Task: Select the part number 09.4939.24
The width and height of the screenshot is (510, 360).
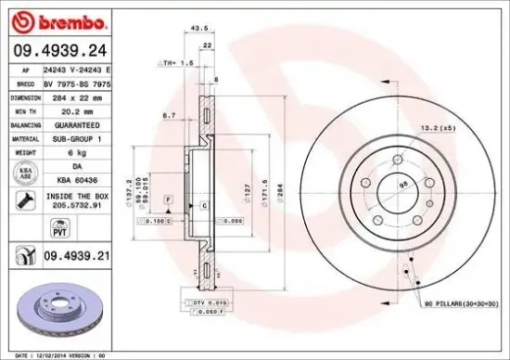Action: coord(59,52)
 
